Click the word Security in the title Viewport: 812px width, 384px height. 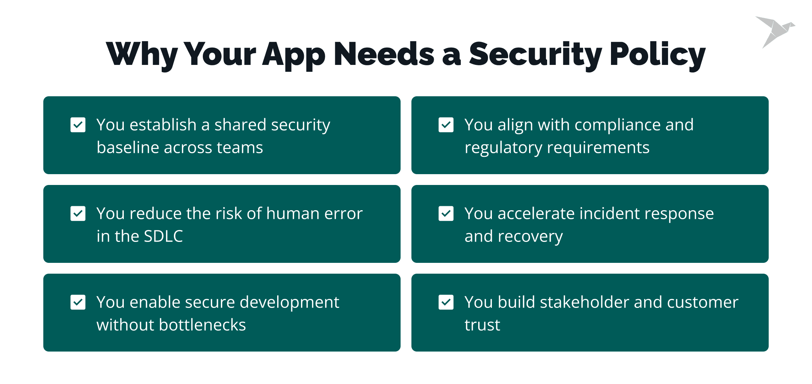pyautogui.click(x=536, y=54)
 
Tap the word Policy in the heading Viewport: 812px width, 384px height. pyautogui.click(x=658, y=54)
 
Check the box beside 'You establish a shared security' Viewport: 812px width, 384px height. pyautogui.click(x=78, y=125)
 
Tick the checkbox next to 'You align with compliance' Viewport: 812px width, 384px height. pyautogui.click(x=446, y=125)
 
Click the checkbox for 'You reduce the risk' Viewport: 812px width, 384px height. pyautogui.click(x=78, y=213)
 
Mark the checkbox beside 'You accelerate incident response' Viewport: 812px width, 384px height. pyautogui.click(x=446, y=213)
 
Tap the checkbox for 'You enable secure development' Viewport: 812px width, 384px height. pyautogui.click(x=78, y=302)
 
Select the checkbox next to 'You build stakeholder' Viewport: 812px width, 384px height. pyautogui.click(x=446, y=302)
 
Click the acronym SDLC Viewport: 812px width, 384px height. pyautogui.click(x=163, y=237)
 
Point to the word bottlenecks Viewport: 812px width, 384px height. pyautogui.click(x=202, y=325)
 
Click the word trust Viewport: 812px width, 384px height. pyautogui.click(x=482, y=325)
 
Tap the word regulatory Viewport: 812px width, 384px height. pyautogui.click(x=503, y=148)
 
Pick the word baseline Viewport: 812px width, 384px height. pyautogui.click(x=128, y=147)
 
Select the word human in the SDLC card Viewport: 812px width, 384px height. pyautogui.click(x=293, y=213)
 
